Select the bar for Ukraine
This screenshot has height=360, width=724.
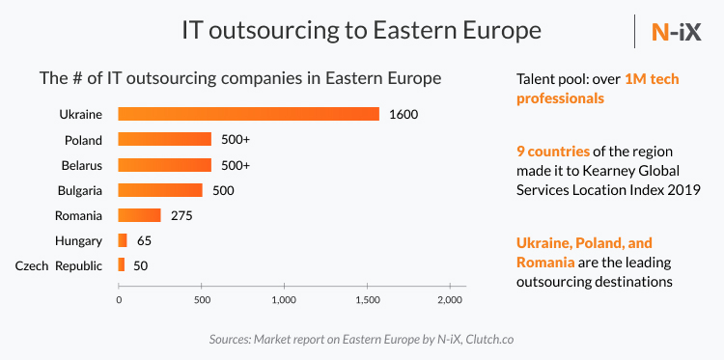pyautogui.click(x=248, y=114)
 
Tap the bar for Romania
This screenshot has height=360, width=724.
pyautogui.click(x=139, y=214)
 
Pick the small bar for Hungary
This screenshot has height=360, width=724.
pyautogui.click(x=123, y=239)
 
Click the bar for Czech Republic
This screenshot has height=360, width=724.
pyautogui.click(x=122, y=264)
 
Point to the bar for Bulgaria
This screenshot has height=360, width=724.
pyautogui.click(x=160, y=189)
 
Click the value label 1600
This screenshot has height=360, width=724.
pyautogui.click(x=403, y=115)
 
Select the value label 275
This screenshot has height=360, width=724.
pyautogui.click(x=182, y=215)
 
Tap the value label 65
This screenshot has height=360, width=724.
pyautogui.click(x=144, y=240)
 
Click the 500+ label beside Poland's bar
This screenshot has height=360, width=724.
pyautogui.click(x=236, y=140)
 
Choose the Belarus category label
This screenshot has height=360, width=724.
pyautogui.click(x=81, y=165)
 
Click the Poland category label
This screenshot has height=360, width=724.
pyautogui.click(x=83, y=140)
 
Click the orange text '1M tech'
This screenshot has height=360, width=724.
pyautogui.click(x=652, y=78)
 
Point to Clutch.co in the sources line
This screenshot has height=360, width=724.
pyautogui.click(x=487, y=340)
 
